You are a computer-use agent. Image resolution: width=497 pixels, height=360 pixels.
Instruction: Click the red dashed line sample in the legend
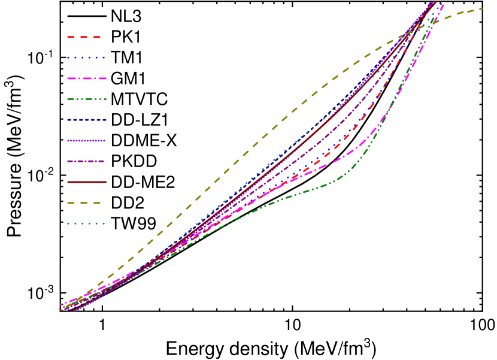tap(84, 37)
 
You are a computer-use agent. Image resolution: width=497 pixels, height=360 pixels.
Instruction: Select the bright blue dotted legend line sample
tap(86, 58)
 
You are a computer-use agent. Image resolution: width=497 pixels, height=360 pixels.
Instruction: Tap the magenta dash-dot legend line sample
tap(86, 78)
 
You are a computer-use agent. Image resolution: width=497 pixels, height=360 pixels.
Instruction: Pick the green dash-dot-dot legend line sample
tap(86, 99)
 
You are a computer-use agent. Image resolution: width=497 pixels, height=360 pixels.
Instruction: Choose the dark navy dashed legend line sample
tap(86, 120)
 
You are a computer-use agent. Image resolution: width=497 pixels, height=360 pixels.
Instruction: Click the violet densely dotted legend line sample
tap(86, 141)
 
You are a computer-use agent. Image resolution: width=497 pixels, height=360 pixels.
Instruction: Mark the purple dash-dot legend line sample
tap(86, 161)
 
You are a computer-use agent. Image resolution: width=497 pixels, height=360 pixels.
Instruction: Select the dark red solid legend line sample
tap(86, 182)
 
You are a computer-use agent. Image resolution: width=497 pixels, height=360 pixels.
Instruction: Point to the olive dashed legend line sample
tap(84, 203)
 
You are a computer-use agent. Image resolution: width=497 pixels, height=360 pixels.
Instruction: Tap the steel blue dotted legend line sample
tap(86, 223)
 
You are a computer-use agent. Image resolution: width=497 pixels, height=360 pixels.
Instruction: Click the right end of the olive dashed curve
tap(483, 8)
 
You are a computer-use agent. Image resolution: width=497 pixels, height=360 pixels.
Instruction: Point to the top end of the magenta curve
tap(443, 5)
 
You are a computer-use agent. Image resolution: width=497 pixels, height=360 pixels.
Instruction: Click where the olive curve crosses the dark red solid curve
tap(422, 26)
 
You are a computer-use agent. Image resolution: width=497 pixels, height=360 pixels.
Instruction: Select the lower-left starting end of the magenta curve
tap(61, 304)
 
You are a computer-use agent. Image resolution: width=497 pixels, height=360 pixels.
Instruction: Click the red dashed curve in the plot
tap(335, 146)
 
